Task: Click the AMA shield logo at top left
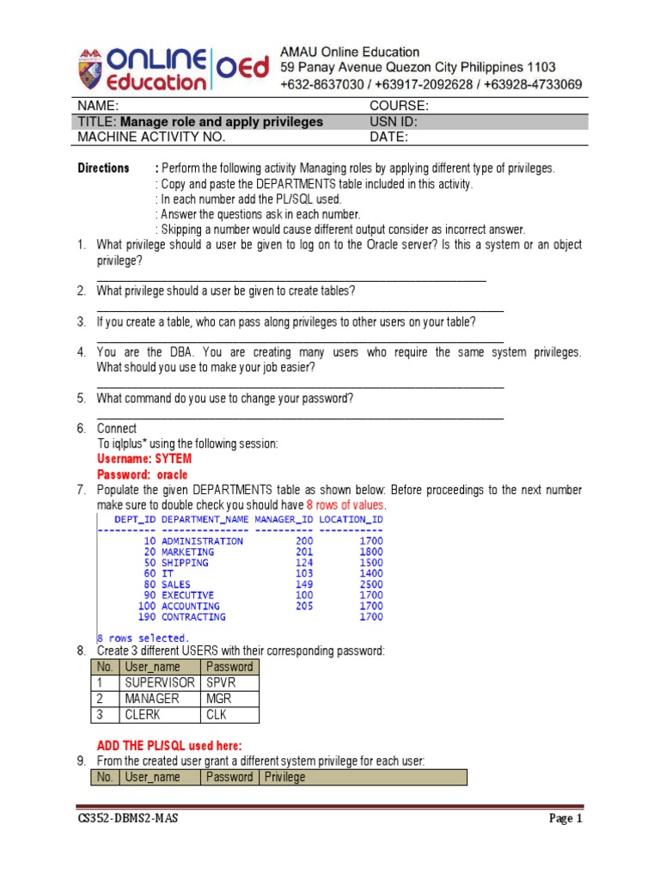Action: click(x=92, y=69)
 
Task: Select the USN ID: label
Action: click(x=394, y=121)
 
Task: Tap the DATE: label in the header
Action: click(x=389, y=137)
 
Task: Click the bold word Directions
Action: click(x=103, y=168)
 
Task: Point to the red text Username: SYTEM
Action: click(x=144, y=459)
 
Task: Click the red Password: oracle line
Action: click(x=142, y=474)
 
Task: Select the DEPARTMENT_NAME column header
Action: click(x=205, y=519)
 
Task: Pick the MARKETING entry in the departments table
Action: click(x=188, y=552)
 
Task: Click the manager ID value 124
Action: click(x=304, y=563)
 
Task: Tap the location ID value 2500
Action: click(x=371, y=584)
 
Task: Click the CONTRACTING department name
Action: click(x=193, y=616)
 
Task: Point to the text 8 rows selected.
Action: click(x=143, y=638)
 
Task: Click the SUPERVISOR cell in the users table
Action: click(x=159, y=682)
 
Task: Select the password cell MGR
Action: click(x=220, y=699)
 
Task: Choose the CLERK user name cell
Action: click(x=143, y=715)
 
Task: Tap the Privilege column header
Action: click(x=284, y=777)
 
